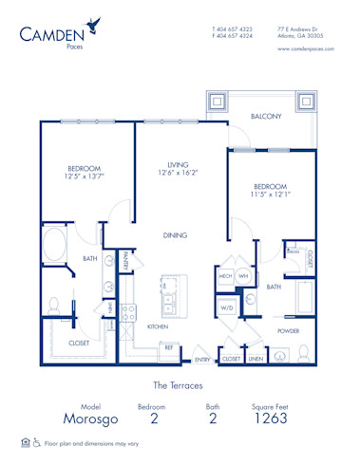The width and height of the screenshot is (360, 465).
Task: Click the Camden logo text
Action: [49, 34]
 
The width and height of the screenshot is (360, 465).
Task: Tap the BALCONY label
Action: [266, 117]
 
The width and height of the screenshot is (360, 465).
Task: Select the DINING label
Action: [174, 235]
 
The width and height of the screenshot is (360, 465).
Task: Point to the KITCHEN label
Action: [158, 325]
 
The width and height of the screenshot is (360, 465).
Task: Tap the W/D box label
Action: [228, 307]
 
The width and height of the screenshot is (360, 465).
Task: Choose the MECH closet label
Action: [225, 276]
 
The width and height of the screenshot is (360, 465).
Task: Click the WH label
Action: [243, 276]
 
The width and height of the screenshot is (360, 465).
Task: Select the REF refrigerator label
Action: [168, 347]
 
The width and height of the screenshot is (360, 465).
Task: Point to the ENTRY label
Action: [202, 360]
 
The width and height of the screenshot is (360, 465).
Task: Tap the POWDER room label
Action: [288, 331]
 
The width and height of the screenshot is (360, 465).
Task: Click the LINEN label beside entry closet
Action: [256, 360]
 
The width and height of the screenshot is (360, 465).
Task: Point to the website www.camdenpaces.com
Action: [305, 49]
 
